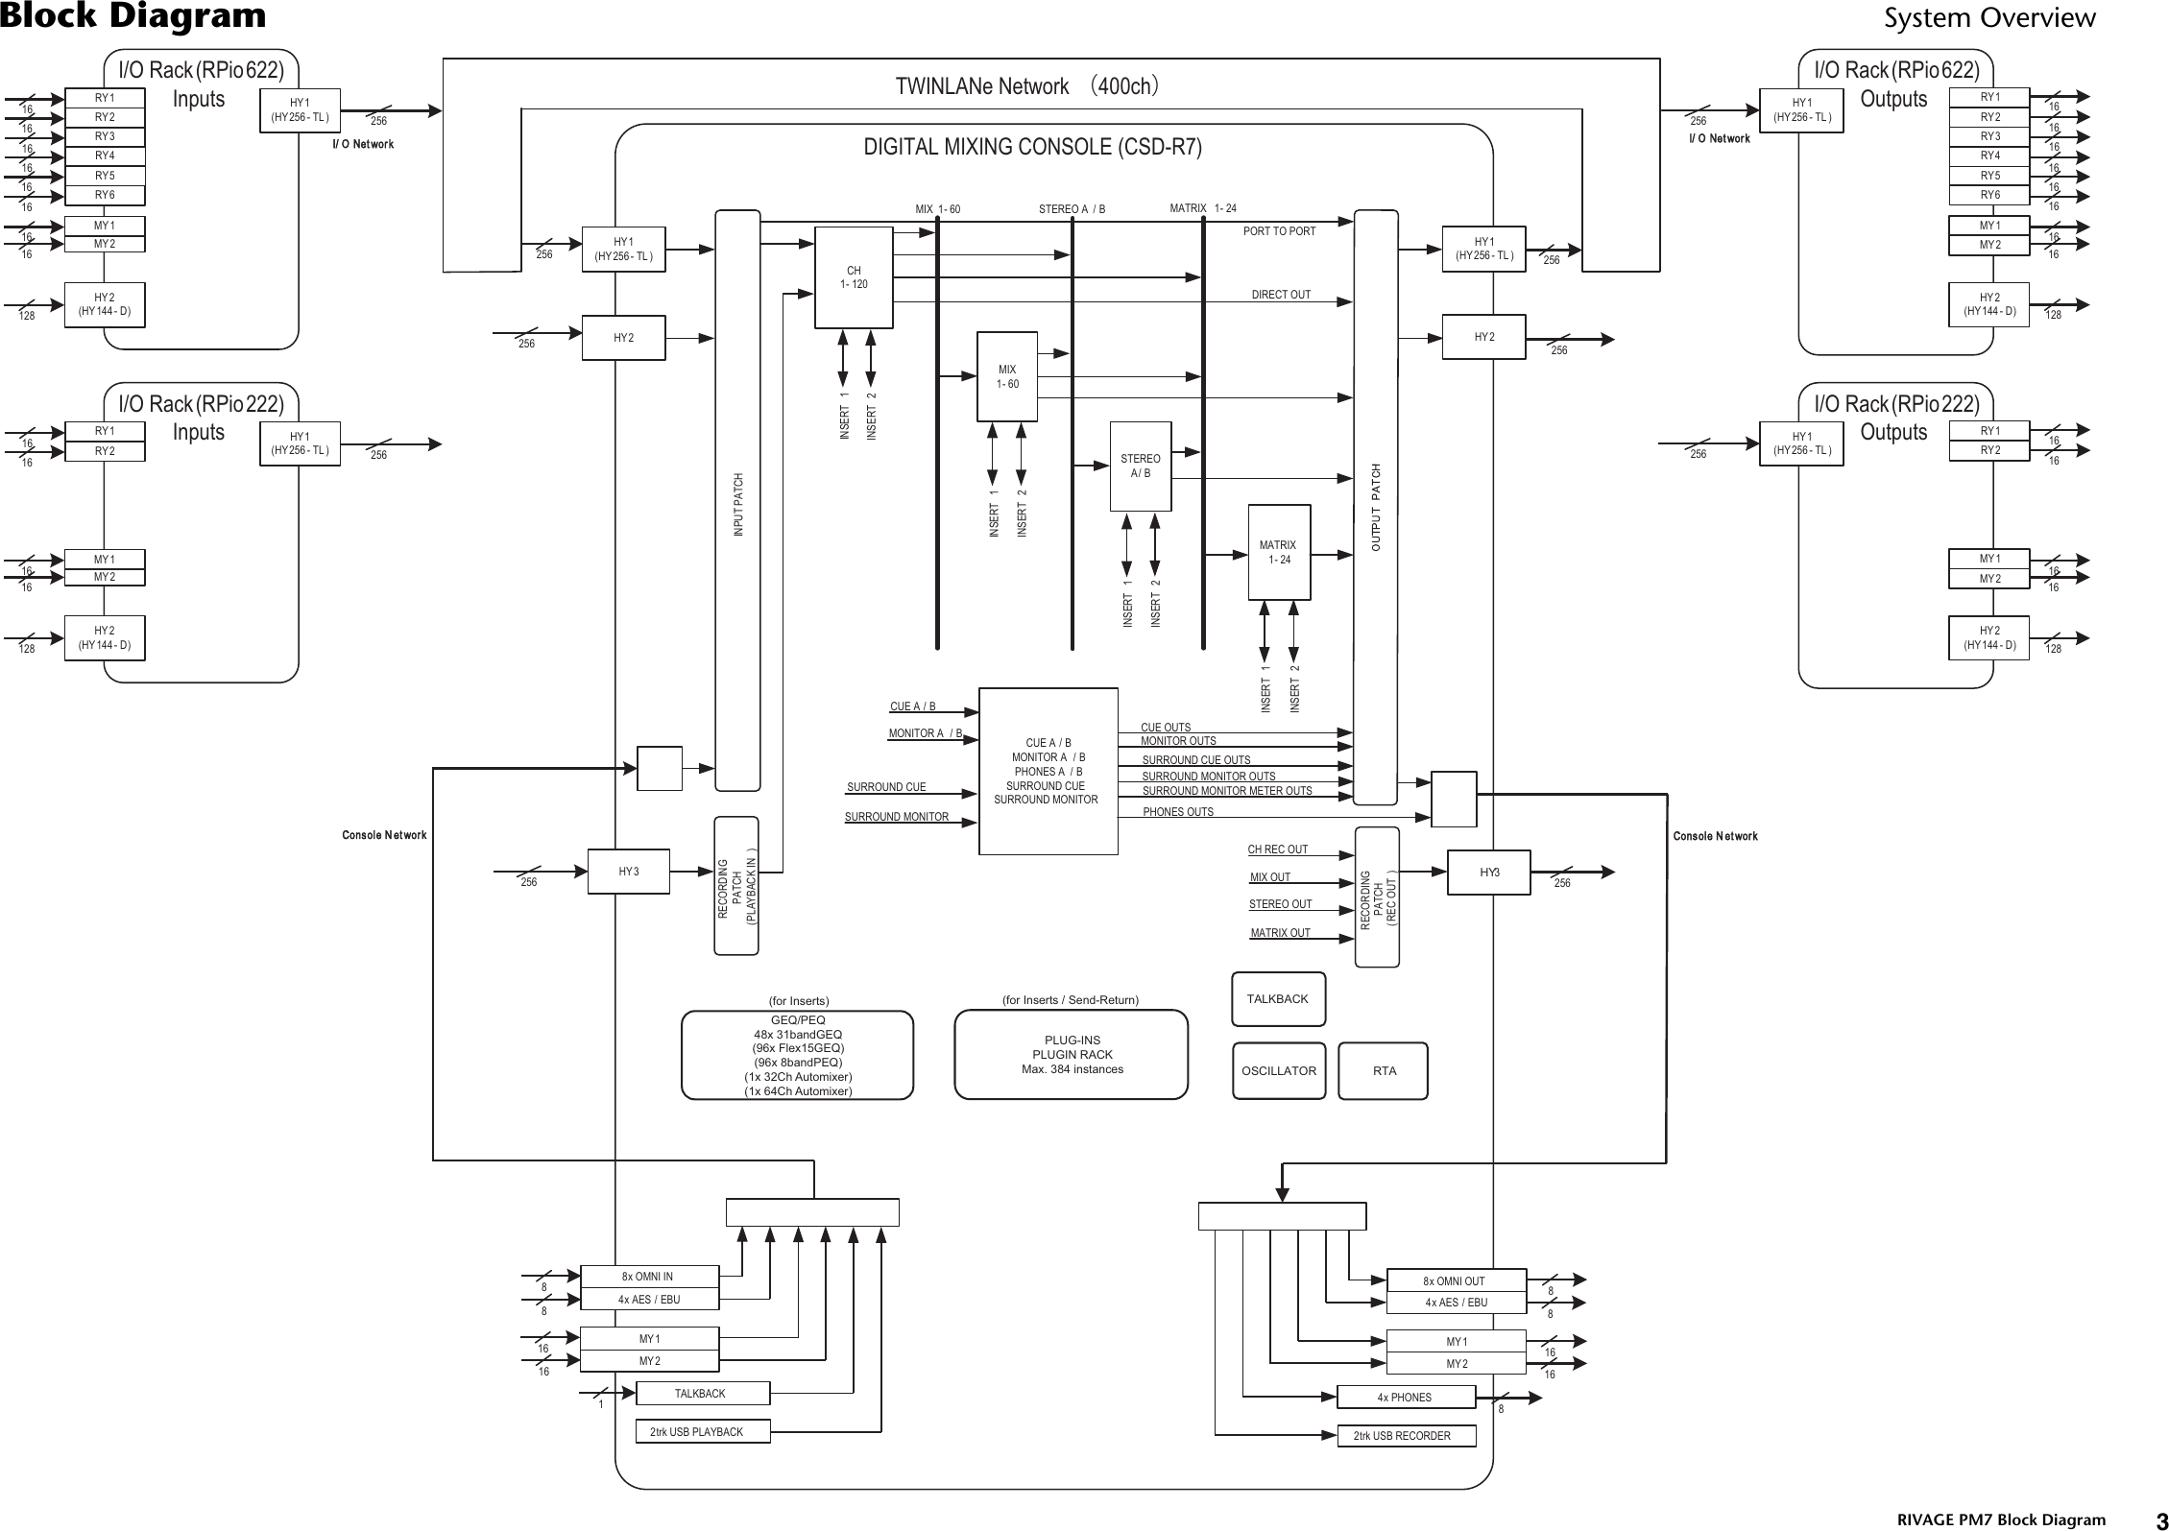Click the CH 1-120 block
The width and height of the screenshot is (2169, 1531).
853,277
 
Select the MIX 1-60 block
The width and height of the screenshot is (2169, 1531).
1006,376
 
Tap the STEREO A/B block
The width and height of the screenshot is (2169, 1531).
1140,466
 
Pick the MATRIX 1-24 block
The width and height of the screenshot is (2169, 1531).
1277,552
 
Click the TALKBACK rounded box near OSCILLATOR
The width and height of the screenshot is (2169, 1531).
1277,999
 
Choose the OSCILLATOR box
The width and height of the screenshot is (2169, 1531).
1278,1071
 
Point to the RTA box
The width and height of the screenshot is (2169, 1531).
1383,1071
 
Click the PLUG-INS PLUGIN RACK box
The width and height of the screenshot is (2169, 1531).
1071,1055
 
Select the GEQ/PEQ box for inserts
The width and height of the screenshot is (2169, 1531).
797,1055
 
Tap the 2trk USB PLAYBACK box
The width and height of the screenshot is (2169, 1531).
702,1431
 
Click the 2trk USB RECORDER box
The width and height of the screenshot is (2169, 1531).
1407,1436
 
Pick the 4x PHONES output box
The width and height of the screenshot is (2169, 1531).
1405,1398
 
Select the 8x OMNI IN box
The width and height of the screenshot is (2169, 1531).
649,1277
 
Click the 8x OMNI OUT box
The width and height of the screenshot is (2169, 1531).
1455,1280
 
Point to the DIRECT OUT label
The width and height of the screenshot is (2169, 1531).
1280,295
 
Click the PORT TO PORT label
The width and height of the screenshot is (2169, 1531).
1279,231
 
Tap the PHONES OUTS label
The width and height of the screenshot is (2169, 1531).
1177,812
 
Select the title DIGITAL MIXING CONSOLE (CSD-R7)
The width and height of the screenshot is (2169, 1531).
1032,147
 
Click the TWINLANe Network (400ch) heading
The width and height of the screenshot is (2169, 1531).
1029,86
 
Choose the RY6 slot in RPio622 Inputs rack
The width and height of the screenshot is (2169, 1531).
105,196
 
